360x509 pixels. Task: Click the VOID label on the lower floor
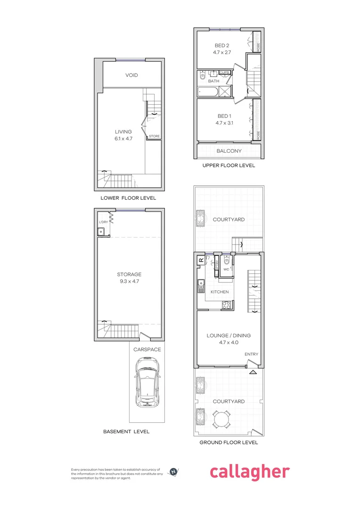pos(131,75)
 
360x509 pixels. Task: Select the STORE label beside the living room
pos(154,136)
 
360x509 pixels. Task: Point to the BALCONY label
pos(229,151)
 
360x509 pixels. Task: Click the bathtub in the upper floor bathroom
pos(208,92)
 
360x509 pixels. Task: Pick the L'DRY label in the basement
pos(103,222)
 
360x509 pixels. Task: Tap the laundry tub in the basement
pos(101,231)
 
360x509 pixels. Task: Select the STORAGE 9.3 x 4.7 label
pos(129,278)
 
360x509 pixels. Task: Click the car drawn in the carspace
pos(147,382)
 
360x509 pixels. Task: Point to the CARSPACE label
pos(147,350)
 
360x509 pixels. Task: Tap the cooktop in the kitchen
pos(226,304)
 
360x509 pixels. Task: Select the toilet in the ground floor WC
pos(227,261)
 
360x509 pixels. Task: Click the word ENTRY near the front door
pos(251,354)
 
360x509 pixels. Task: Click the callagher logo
pos(249,472)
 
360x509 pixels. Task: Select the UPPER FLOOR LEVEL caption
pos(229,165)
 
